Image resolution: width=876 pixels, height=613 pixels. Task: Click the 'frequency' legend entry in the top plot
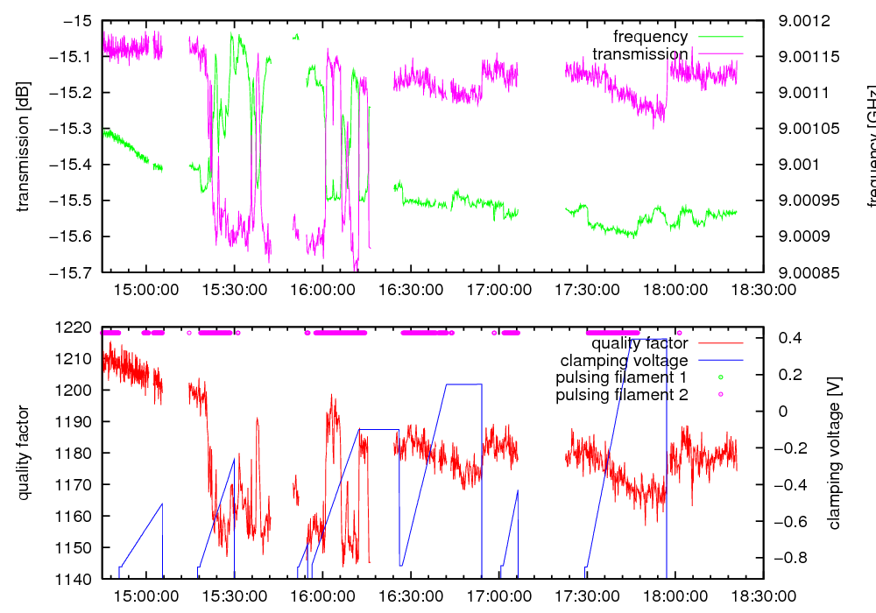point(650,37)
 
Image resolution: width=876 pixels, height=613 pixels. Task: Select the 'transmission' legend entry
point(640,54)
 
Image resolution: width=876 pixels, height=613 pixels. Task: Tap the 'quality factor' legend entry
point(638,343)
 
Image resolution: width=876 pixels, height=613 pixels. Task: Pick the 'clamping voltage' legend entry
point(624,361)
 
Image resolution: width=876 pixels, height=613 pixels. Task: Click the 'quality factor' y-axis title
point(24,454)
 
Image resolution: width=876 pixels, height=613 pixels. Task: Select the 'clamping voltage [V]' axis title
point(834,454)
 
